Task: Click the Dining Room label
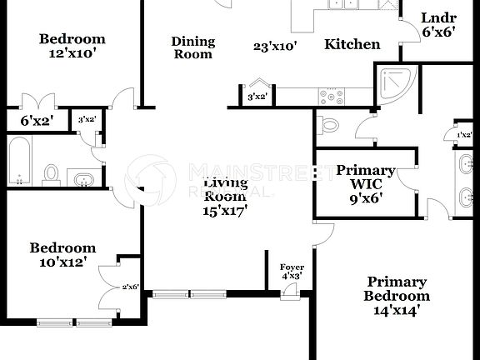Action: (192, 47)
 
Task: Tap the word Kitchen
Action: (352, 45)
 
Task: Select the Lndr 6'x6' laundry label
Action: (438, 25)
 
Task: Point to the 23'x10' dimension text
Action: (275, 47)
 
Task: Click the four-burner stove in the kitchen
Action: (332, 97)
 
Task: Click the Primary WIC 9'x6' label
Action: (366, 184)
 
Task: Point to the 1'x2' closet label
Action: (464, 135)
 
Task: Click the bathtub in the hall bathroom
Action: (19, 162)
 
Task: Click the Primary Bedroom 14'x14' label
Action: (397, 296)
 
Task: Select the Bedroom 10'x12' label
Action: (62, 256)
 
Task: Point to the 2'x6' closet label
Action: (129, 287)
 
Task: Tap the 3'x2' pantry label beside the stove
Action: (257, 97)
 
